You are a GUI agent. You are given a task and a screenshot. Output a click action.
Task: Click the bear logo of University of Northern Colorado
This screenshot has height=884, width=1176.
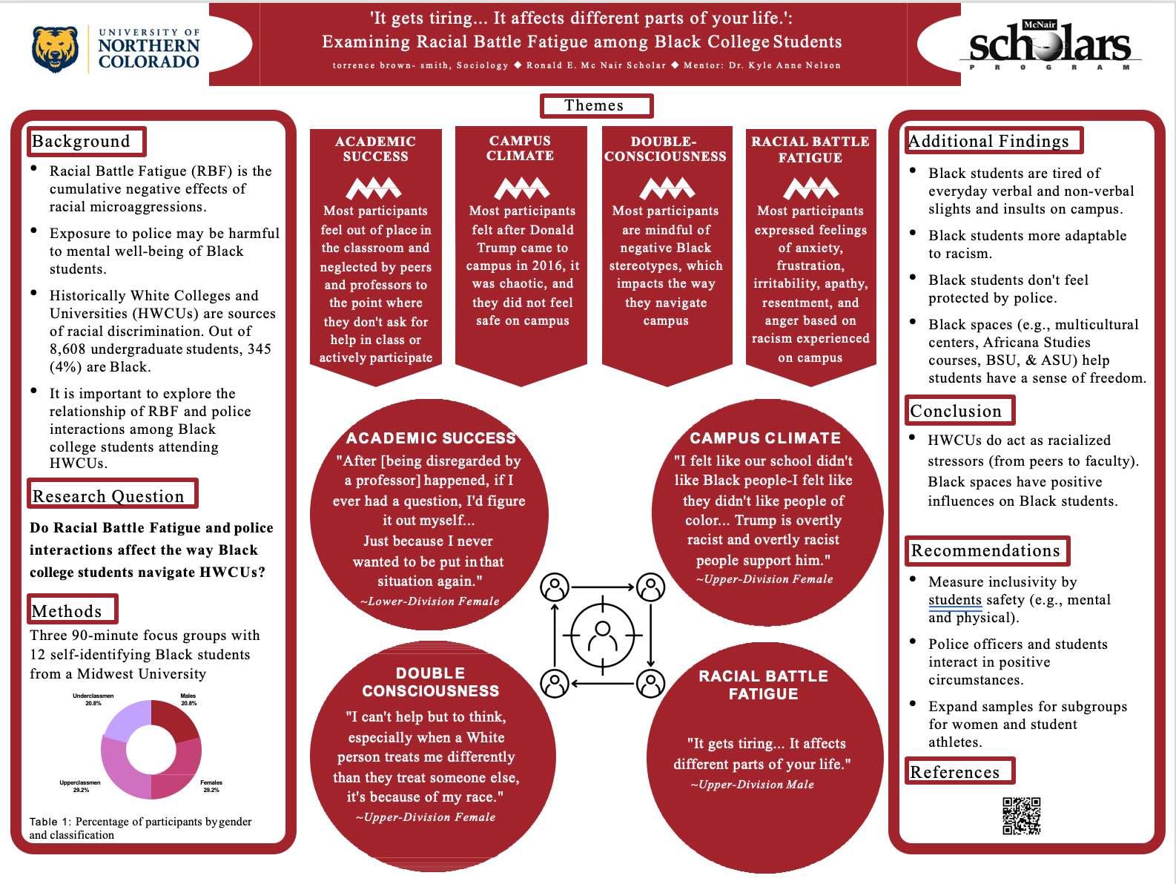point(55,49)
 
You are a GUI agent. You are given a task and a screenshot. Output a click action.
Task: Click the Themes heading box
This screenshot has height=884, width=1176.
point(595,106)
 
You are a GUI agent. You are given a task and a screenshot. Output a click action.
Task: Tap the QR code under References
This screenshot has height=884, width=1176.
point(1021,816)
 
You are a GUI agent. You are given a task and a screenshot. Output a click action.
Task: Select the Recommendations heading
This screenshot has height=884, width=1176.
point(986,550)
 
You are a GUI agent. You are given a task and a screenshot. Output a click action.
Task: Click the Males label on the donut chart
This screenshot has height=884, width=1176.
point(188,699)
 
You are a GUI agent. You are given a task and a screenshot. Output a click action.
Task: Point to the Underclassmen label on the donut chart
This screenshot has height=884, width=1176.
point(93,699)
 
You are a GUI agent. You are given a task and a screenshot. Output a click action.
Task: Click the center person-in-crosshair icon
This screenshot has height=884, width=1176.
point(602,634)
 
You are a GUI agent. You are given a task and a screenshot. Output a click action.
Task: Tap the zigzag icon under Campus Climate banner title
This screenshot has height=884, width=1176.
point(521,188)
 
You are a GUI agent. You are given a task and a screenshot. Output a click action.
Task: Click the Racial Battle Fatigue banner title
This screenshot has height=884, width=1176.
point(810,149)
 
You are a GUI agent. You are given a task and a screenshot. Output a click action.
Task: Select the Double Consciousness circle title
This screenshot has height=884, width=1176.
point(430,682)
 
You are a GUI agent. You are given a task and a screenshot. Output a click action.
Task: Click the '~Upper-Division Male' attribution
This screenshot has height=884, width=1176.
point(753,785)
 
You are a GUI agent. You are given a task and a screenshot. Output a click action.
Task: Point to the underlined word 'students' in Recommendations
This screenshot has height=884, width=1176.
point(954,600)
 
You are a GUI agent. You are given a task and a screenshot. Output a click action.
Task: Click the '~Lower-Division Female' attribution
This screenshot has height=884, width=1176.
point(429,601)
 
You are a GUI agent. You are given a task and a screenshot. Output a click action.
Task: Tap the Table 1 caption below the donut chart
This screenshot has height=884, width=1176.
point(140,828)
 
